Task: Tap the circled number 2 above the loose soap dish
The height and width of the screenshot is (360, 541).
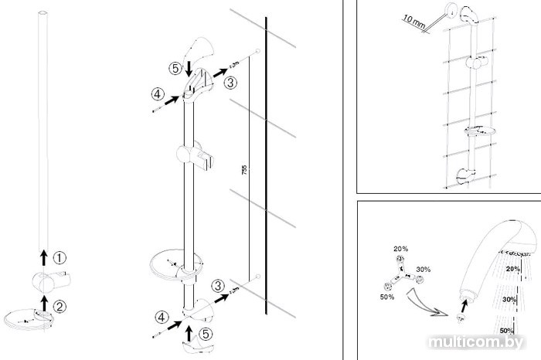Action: click(60, 305)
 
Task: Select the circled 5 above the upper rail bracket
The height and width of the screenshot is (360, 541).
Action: click(177, 69)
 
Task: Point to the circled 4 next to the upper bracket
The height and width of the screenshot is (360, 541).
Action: click(157, 95)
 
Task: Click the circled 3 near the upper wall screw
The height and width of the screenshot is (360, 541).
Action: click(231, 80)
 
